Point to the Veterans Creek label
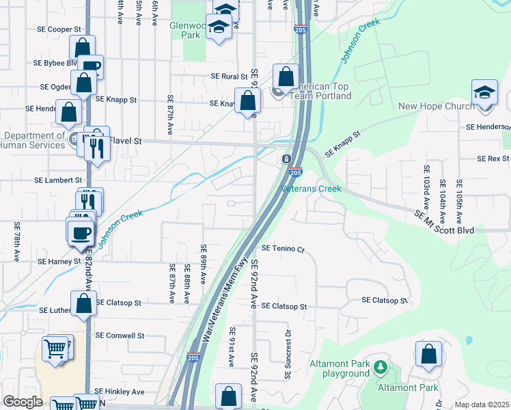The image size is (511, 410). (x=311, y=189)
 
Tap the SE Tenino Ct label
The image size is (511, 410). (x=282, y=249)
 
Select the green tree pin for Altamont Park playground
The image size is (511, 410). (x=381, y=369)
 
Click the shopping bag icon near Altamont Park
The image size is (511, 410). (x=428, y=355)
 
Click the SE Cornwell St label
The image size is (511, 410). (x=120, y=336)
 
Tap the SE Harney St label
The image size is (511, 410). (x=59, y=262)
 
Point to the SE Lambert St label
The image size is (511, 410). (x=58, y=180)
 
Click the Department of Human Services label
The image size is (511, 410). (x=33, y=139)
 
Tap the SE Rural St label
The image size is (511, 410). (x=229, y=77)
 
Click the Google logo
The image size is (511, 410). (x=23, y=402)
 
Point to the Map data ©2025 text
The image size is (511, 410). (x=481, y=405)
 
